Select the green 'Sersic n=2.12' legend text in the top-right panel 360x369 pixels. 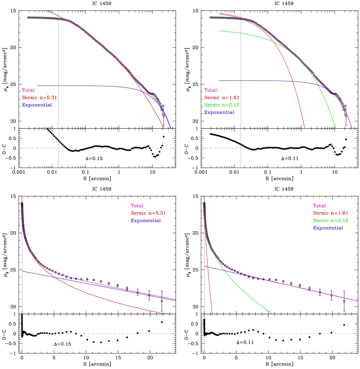pyautogui.click(x=219, y=105)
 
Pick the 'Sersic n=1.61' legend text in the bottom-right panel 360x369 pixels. pyautogui.click(x=328, y=213)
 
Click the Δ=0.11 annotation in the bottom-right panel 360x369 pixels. pyautogui.click(x=245, y=342)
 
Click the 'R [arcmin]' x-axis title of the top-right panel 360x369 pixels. pyautogui.click(x=281, y=178)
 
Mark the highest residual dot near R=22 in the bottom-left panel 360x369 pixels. pyautogui.click(x=162, y=322)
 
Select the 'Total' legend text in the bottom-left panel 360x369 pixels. pyautogui.click(x=137, y=206)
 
